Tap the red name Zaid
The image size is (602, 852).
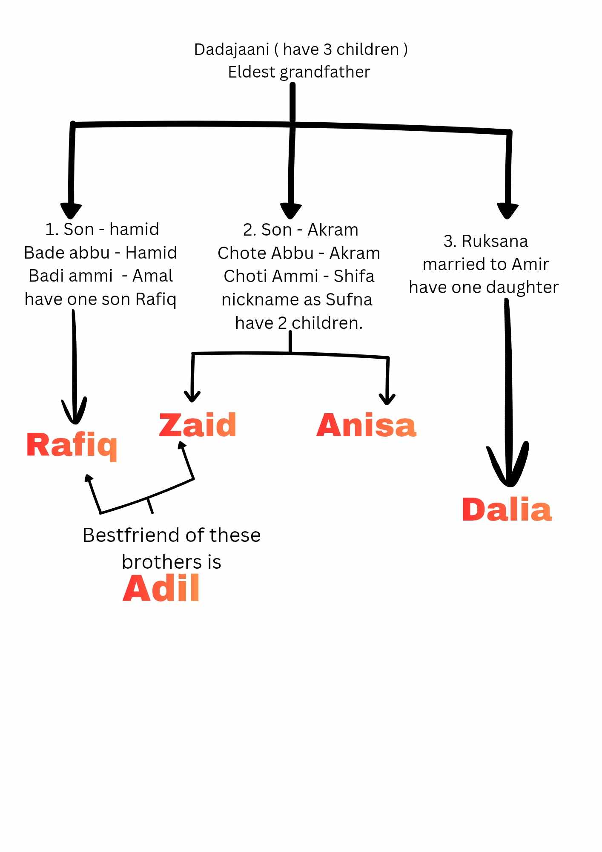coord(198,425)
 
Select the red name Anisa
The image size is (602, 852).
coord(366,425)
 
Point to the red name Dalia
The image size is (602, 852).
coord(507,509)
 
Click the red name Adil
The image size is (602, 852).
coord(161,588)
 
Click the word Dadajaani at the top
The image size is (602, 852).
coord(231,50)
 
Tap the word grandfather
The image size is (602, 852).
coord(325,72)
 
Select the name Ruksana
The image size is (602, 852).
coord(495,242)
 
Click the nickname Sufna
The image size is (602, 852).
coord(349,300)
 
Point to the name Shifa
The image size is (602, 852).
coord(354,276)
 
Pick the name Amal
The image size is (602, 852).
coord(152,276)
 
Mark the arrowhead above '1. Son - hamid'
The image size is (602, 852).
coord(71,210)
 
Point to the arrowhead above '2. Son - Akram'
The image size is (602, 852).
coord(291,211)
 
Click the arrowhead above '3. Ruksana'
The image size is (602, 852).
coord(507,211)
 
